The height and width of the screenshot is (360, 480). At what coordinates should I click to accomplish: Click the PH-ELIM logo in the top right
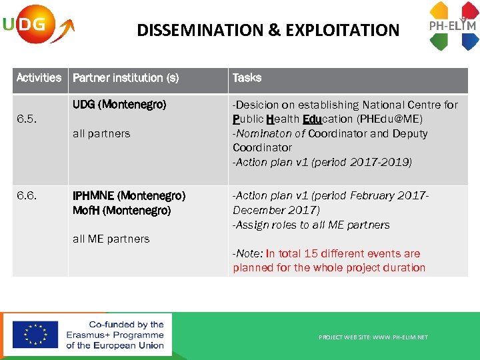(453, 27)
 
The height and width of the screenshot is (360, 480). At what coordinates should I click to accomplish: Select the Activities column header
(39, 78)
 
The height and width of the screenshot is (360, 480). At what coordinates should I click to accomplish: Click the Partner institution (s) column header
(126, 78)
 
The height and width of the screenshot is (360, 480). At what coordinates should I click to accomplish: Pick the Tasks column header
(247, 78)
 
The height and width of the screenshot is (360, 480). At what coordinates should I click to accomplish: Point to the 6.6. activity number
(27, 196)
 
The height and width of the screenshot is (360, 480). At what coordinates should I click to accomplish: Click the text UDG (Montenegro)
(119, 105)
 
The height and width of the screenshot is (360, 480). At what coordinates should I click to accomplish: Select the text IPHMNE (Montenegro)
(129, 196)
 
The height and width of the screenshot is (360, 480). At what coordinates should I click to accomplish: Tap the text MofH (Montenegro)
(122, 210)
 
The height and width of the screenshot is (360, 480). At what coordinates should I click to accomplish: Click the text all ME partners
(111, 239)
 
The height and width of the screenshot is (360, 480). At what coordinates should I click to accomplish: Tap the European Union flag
(35, 335)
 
